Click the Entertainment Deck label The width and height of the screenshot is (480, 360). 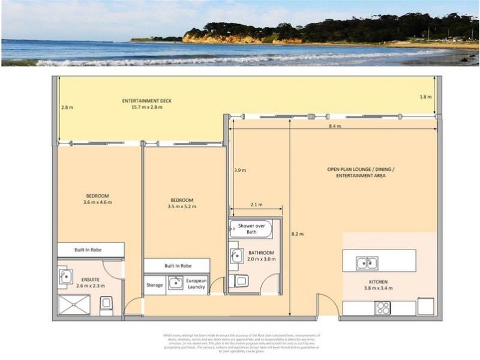147,104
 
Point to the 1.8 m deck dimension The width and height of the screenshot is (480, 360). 425,97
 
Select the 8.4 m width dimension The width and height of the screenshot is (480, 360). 334,126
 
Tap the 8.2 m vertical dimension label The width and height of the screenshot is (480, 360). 297,234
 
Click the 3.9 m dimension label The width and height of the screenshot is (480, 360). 239,170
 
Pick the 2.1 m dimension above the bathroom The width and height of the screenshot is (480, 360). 256,205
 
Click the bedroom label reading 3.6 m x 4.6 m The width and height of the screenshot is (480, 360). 97,199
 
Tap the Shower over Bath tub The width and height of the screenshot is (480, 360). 251,229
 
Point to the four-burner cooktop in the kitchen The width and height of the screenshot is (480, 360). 382,308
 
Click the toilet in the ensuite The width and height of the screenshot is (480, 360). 106,306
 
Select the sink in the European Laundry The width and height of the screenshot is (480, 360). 175,283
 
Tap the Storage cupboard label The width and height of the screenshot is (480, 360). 155,285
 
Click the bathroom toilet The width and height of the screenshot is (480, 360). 241,281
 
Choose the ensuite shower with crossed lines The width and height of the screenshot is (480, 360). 74,305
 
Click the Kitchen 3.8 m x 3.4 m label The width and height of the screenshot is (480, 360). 378,285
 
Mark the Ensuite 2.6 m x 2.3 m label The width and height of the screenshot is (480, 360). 91,283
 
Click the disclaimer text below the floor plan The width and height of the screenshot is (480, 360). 241,343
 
